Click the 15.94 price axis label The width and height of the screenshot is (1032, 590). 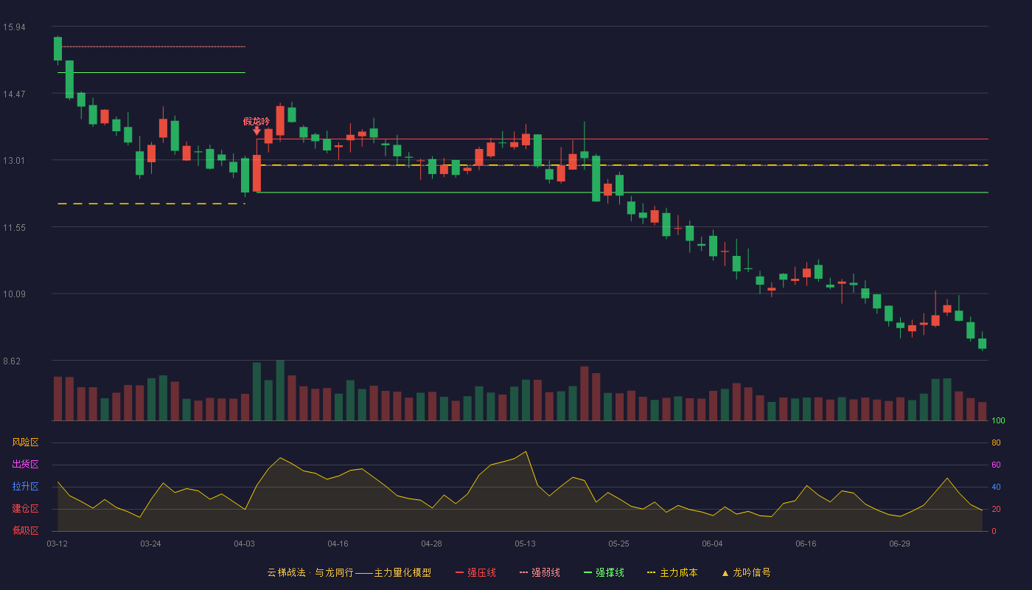tap(14, 27)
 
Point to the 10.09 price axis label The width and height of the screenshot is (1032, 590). tap(14, 294)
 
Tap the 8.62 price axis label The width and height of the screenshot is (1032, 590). tap(12, 361)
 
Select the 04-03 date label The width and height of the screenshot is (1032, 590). tap(244, 544)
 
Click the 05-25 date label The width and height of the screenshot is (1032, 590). tap(618, 544)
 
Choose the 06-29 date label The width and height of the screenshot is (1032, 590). tap(900, 544)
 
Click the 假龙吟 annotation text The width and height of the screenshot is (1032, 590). tap(257, 121)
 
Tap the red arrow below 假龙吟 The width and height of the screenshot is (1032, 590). tap(257, 131)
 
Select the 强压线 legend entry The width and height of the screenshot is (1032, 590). tap(475, 572)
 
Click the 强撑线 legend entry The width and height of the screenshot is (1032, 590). tap(604, 572)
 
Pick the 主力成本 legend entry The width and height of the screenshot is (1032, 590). tap(672, 572)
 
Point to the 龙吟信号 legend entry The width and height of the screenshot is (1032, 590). tap(746, 572)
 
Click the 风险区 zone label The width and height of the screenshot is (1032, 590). tap(25, 442)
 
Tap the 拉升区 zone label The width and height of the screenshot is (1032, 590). tap(25, 486)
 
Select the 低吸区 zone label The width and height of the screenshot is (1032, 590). tap(25, 530)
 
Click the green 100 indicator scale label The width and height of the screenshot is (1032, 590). tap(998, 420)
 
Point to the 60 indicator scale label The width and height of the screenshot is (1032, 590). tap(996, 465)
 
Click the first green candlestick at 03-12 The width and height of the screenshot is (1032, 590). tap(57, 49)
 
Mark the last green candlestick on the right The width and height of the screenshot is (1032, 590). tap(982, 344)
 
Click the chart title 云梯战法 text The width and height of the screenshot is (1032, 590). tap(287, 572)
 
